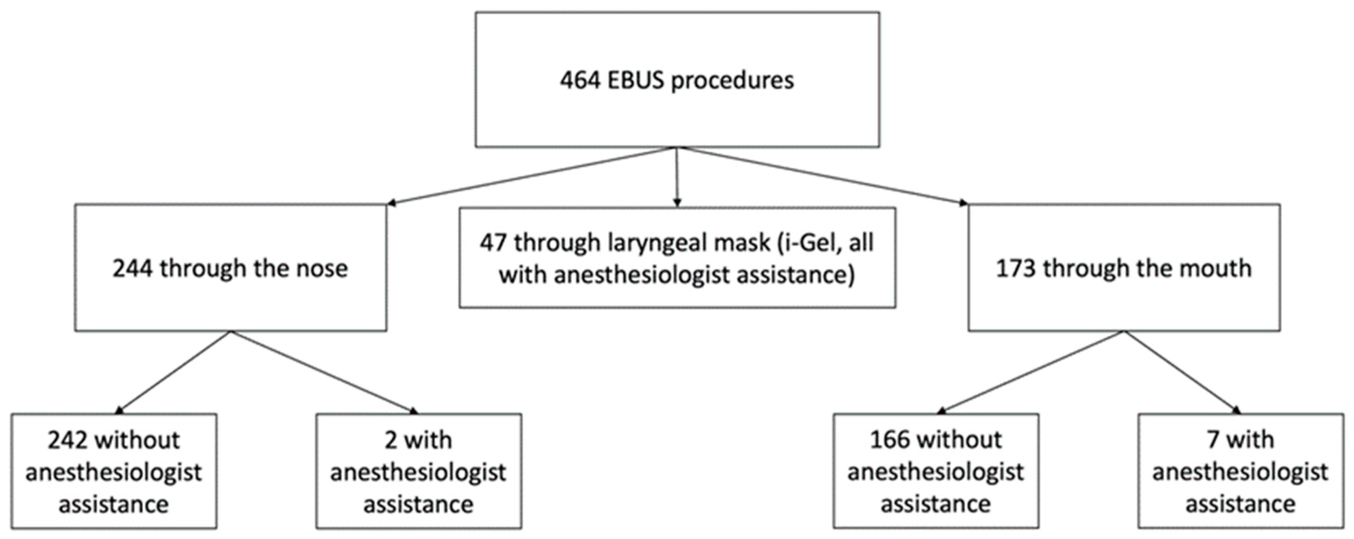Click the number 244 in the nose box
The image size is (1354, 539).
pyautogui.click(x=133, y=268)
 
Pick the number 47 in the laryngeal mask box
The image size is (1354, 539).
pyautogui.click(x=493, y=243)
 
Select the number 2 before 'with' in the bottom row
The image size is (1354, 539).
pyautogui.click(x=391, y=440)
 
